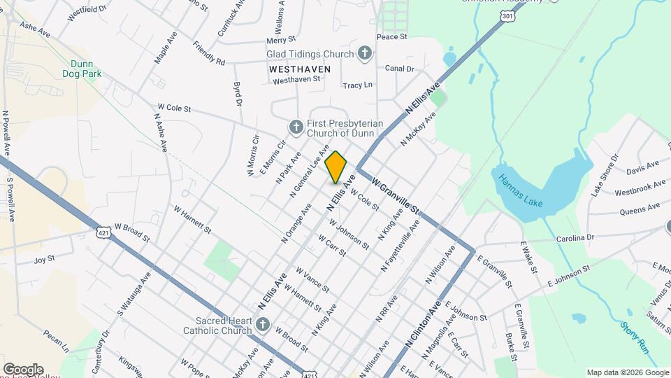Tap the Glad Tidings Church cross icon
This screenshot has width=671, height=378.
pos(364,52)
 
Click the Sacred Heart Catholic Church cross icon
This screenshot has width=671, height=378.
pos(262,324)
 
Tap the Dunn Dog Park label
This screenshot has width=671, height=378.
pos(82,69)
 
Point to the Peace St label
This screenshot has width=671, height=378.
pos(391,36)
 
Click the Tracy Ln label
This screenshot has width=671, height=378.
pos(357,85)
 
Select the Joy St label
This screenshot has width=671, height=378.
pos(44,260)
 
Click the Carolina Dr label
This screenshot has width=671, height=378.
pos(575,238)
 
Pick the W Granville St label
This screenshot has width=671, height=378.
pos(396,196)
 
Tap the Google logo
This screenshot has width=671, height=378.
pos(23,369)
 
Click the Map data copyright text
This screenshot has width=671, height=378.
pos(626,372)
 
